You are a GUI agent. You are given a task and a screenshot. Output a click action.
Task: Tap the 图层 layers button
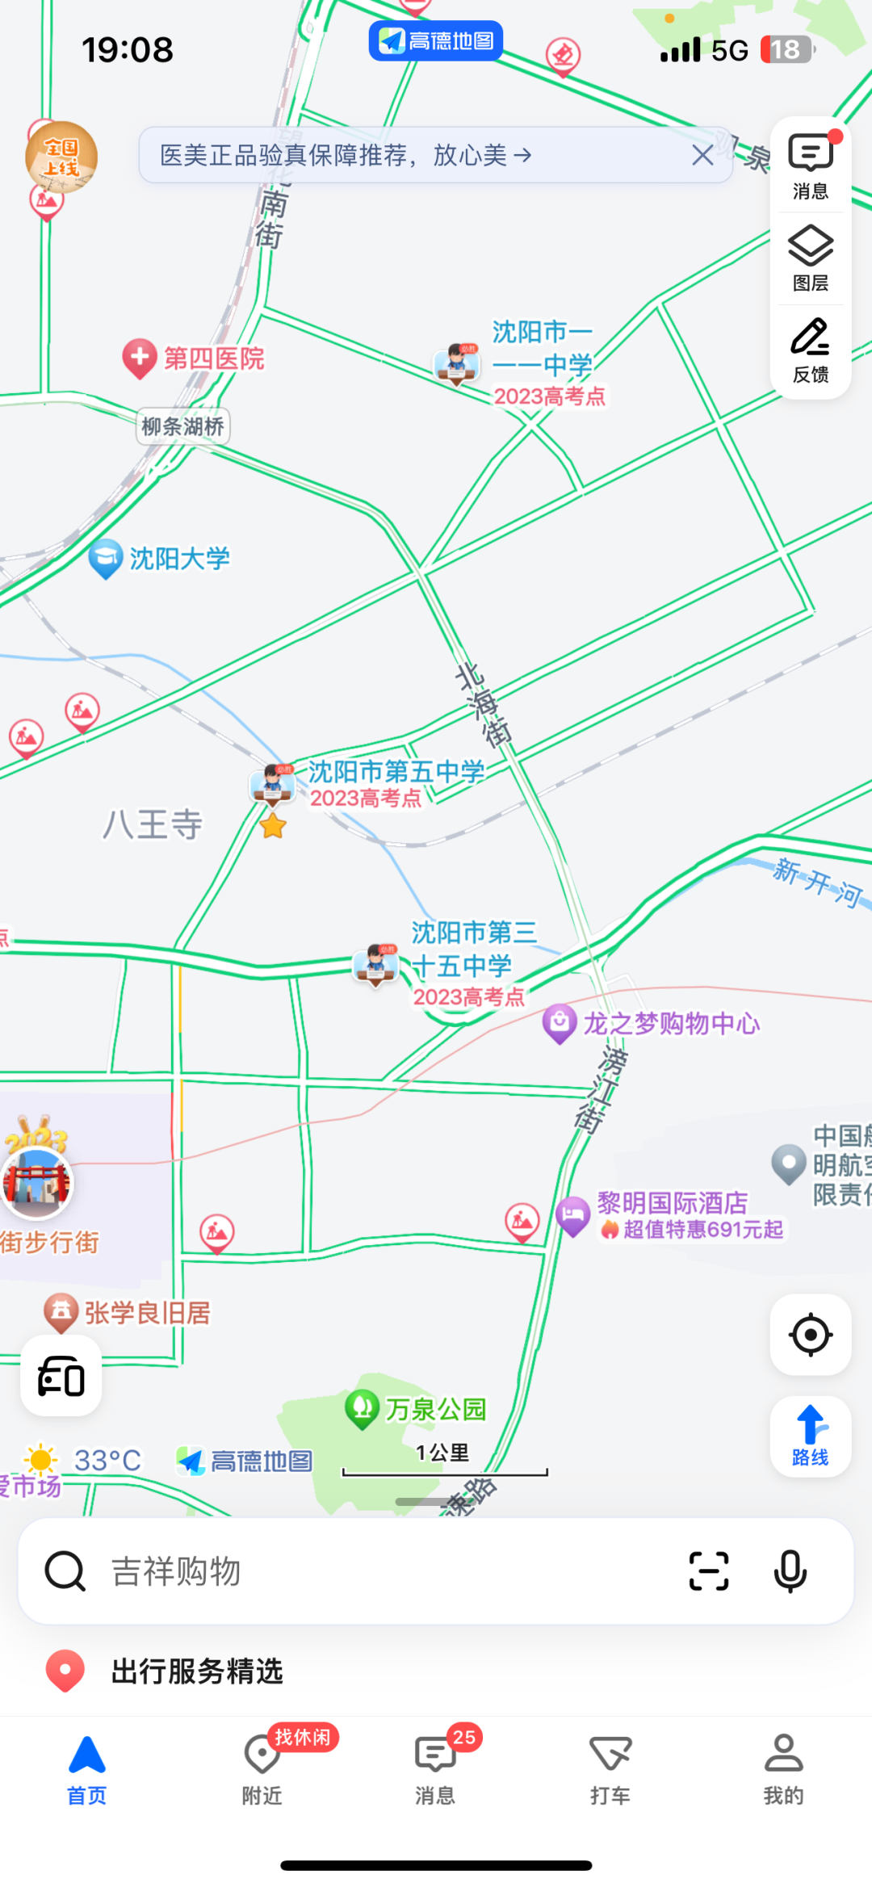pos(810,258)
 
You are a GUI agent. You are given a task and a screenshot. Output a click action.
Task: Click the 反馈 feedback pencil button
pos(810,350)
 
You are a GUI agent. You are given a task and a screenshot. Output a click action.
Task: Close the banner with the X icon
pos(702,155)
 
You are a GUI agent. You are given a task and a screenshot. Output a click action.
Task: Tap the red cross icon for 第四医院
pos(139,358)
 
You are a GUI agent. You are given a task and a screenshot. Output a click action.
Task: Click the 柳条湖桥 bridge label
pos(183,426)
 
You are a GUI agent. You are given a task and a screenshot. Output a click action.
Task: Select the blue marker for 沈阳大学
pos(105,558)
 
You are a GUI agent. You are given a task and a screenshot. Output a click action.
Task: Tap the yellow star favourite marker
pos(273,826)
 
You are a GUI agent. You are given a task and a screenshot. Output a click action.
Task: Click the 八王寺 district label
pos(153,824)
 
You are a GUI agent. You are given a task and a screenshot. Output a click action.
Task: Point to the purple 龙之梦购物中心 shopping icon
pos(559,1023)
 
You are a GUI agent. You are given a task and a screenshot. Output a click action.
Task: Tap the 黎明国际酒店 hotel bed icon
pos(573,1214)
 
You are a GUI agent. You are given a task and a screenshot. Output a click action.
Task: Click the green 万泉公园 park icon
pos(362,1408)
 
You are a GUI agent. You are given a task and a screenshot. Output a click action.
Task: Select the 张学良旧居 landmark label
pos(147,1313)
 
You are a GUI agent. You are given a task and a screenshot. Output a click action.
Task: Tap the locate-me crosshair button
pos(810,1334)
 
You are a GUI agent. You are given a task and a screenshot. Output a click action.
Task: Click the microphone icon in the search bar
pos(790,1571)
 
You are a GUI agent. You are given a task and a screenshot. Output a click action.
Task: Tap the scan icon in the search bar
pos(708,1571)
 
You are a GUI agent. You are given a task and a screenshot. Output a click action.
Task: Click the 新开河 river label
pos(817,882)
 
